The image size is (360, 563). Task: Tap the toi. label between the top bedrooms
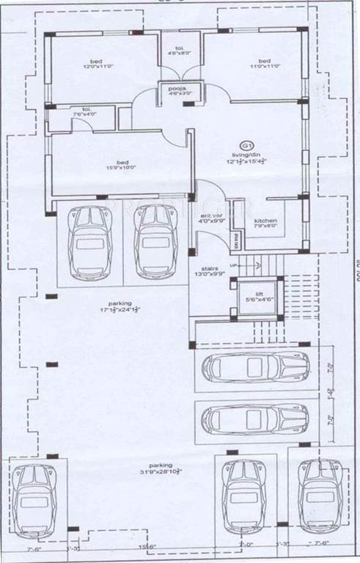(x=175, y=48)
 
